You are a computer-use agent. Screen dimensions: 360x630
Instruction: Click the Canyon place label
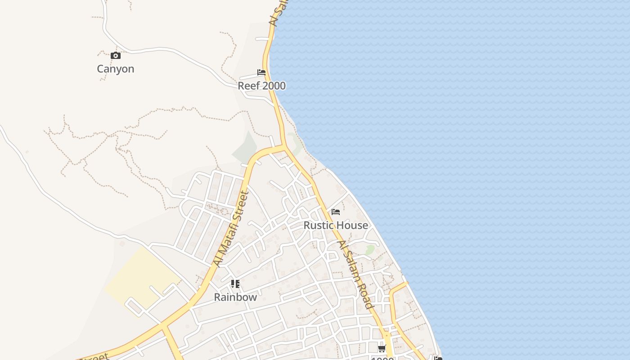coord(116,69)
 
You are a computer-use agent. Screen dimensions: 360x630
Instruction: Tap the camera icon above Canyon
coord(116,56)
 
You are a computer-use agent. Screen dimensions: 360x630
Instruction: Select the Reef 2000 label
coord(261,86)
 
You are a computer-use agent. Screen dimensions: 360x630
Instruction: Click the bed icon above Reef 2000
coord(261,72)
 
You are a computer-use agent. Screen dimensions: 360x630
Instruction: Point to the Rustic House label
coord(336,225)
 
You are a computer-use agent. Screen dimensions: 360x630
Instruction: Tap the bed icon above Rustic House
coord(336,212)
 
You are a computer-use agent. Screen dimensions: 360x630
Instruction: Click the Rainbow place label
coord(235,297)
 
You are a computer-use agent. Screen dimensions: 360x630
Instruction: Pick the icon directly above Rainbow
coord(235,284)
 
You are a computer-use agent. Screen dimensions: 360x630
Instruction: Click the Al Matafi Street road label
coord(232,229)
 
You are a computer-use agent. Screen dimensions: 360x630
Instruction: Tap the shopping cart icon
coord(382,348)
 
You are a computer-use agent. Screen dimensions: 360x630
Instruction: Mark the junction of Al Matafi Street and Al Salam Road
coord(284,147)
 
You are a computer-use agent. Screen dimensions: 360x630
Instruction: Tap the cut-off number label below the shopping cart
coord(382,358)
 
